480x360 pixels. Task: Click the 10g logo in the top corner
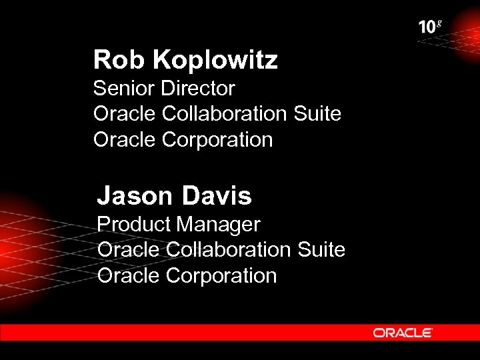pyautogui.click(x=430, y=27)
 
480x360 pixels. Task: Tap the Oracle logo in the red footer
pyautogui.click(x=403, y=332)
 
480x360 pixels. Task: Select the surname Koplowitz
pyautogui.click(x=215, y=61)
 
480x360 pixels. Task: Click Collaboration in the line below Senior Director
pyautogui.click(x=224, y=114)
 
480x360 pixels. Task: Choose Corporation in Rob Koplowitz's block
pyautogui.click(x=217, y=141)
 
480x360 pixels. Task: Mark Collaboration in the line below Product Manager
pyautogui.click(x=228, y=250)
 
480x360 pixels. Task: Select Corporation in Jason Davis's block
pyautogui.click(x=221, y=276)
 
